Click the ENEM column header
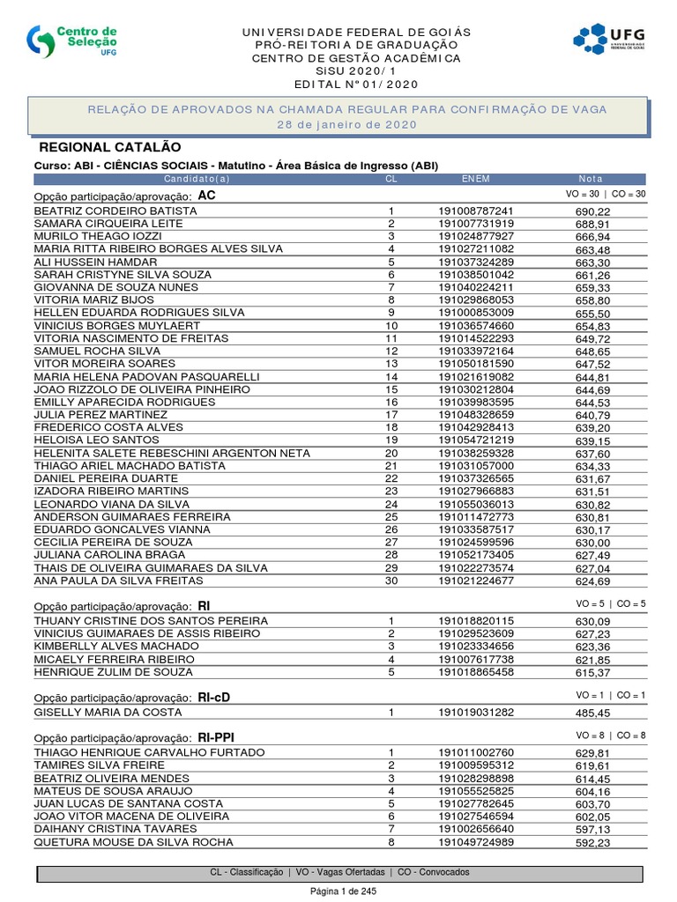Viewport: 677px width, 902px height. tap(475, 179)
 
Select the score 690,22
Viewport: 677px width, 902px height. tap(592, 212)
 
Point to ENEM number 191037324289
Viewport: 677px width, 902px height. tap(475, 262)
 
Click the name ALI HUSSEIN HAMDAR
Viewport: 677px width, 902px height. tap(95, 262)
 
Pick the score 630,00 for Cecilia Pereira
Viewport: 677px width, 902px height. tap(592, 543)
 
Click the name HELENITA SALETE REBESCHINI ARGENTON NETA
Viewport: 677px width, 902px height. tap(172, 453)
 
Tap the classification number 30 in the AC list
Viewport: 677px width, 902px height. tap(391, 580)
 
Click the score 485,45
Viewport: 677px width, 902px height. tap(592, 713)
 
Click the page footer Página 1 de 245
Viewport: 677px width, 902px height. tap(338, 891)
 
